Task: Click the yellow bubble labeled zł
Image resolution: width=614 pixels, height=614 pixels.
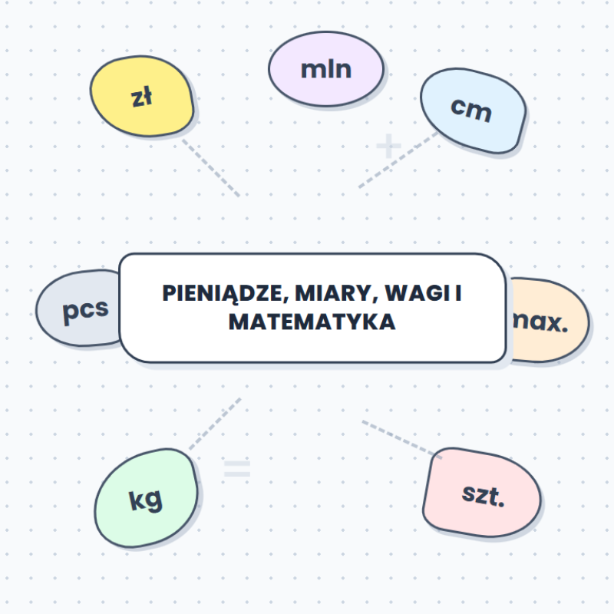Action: click(x=142, y=97)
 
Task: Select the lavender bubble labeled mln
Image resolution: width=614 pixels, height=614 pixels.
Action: click(x=325, y=69)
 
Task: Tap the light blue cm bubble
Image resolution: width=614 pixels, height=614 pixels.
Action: click(x=473, y=111)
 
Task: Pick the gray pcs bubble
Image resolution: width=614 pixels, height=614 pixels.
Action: click(x=78, y=309)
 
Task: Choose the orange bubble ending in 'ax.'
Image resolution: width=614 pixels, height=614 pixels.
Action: click(x=548, y=320)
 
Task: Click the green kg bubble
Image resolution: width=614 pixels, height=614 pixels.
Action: click(x=146, y=498)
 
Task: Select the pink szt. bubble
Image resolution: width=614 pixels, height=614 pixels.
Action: click(x=482, y=493)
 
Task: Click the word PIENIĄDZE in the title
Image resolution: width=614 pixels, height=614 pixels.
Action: click(x=226, y=294)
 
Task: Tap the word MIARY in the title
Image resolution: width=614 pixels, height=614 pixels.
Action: click(x=336, y=293)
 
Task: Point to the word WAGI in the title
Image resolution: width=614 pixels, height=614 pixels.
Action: click(x=417, y=293)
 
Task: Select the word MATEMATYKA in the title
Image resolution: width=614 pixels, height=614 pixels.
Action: click(x=312, y=322)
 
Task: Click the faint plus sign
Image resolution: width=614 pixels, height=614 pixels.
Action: click(x=388, y=146)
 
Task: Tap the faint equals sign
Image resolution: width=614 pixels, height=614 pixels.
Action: click(x=237, y=469)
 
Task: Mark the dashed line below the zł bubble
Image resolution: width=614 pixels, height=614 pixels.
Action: click(x=211, y=167)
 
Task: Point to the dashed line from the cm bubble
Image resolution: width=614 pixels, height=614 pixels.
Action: click(x=398, y=160)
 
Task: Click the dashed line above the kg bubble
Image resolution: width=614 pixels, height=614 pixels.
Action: click(x=215, y=424)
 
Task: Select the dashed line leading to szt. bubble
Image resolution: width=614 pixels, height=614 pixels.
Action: click(x=401, y=439)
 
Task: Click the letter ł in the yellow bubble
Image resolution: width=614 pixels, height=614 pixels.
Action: click(x=147, y=97)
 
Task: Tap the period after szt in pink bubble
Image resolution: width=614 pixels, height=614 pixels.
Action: click(x=501, y=504)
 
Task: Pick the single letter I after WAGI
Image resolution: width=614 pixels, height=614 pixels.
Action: click(x=458, y=293)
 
